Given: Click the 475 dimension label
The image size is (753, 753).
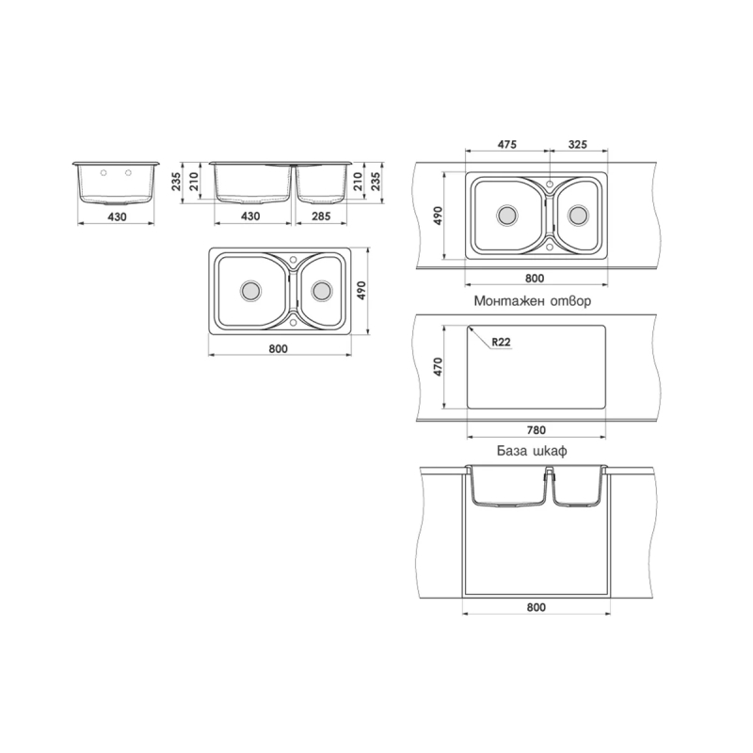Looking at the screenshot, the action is [x=506, y=144].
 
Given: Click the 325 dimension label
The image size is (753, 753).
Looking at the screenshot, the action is [x=578, y=144].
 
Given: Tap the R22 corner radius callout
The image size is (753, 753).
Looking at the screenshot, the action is [x=501, y=342].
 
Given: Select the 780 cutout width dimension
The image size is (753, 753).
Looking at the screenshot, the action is [x=536, y=430].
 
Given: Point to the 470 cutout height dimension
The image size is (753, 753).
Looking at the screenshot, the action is [x=438, y=366].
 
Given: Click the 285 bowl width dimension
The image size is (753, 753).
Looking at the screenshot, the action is [x=321, y=216].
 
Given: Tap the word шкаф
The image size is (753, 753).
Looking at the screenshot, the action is [x=551, y=452].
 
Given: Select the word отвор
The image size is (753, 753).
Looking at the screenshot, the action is [x=570, y=301].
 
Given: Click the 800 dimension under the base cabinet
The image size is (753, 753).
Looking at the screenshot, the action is [x=536, y=607].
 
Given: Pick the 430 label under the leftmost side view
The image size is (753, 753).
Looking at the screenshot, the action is [x=117, y=217].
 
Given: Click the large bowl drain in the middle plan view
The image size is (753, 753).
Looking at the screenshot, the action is [x=250, y=291].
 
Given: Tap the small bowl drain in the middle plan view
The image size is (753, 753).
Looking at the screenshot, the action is [x=321, y=291].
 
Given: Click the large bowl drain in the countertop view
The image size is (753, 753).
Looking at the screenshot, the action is [x=506, y=216].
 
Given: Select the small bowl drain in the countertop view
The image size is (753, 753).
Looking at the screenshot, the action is [x=578, y=216].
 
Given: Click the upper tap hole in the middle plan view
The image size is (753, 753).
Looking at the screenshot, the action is [x=294, y=260].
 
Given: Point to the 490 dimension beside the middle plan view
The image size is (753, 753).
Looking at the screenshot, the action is [x=361, y=291].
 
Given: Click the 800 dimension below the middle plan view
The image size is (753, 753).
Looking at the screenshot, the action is [x=278, y=348].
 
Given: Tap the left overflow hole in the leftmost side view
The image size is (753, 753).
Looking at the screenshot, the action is [x=104, y=173].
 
